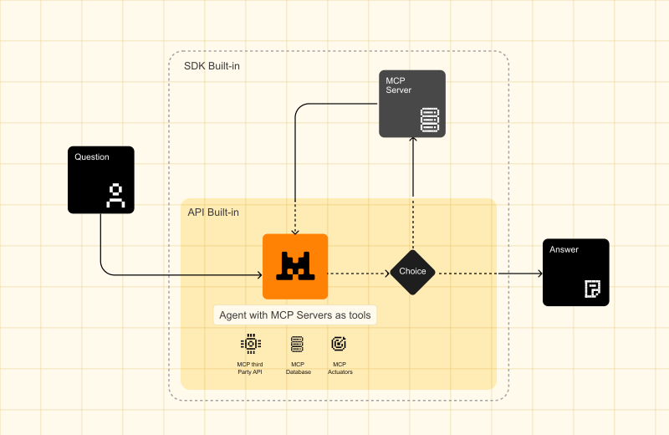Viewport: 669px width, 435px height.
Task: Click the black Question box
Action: [x=100, y=179]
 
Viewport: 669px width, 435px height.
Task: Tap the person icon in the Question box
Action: [x=115, y=195]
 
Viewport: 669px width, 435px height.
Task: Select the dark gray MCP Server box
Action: [x=412, y=104]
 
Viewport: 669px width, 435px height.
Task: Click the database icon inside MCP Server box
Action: [x=430, y=120]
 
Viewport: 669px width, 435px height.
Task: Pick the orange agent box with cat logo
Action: [x=295, y=266]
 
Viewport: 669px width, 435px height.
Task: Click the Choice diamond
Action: [x=412, y=272]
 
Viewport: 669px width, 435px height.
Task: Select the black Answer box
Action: [x=576, y=272]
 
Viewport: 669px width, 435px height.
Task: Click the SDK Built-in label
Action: [x=212, y=66]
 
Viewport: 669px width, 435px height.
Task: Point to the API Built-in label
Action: [x=213, y=212]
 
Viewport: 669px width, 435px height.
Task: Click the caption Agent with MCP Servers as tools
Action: [x=294, y=315]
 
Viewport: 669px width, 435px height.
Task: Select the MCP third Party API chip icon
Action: [x=249, y=343]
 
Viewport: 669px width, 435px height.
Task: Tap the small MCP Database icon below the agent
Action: [x=297, y=343]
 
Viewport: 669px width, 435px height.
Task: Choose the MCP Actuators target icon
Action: [x=339, y=343]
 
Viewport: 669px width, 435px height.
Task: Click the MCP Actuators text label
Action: [x=340, y=368]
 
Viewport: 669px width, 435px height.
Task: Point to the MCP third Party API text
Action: [x=249, y=368]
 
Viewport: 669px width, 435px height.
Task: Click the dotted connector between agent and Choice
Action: [x=358, y=273]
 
